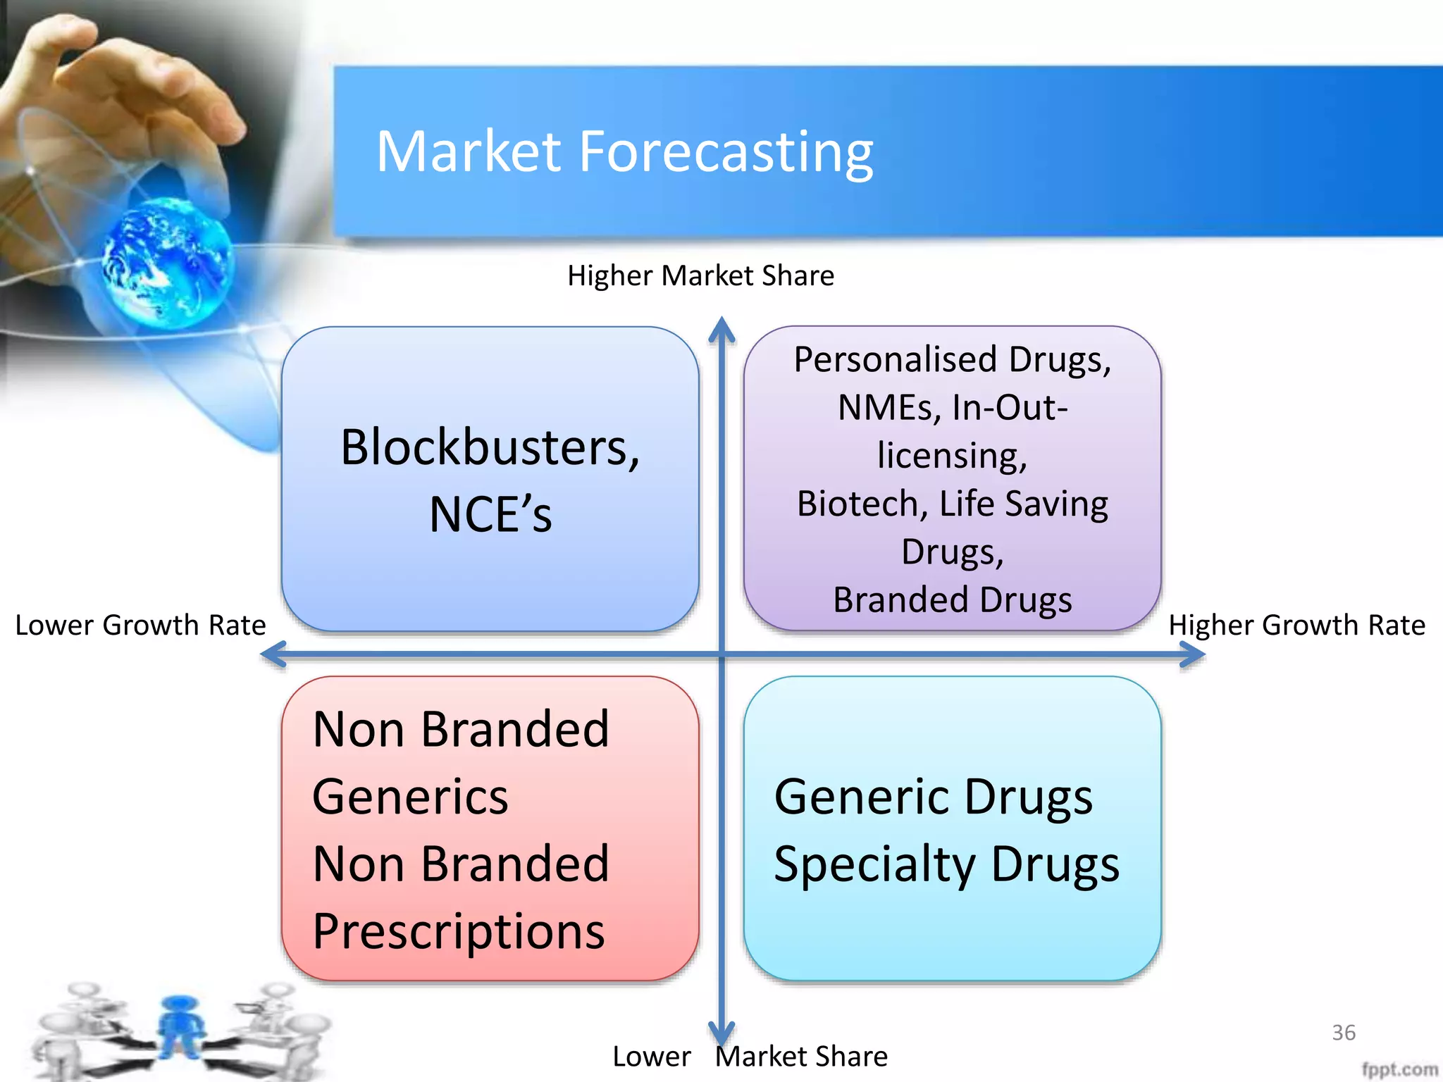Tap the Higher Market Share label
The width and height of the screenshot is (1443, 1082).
click(x=700, y=275)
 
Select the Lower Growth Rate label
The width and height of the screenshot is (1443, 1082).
click(x=140, y=626)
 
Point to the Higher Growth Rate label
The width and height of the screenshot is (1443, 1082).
click(x=1296, y=626)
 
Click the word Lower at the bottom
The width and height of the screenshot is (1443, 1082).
click(x=652, y=1057)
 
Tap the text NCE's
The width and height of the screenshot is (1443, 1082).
click(x=490, y=515)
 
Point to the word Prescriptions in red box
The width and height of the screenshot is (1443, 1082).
click(x=459, y=931)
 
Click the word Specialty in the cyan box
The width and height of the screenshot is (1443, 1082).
click(x=874, y=864)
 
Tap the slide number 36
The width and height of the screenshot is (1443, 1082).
click(x=1344, y=1033)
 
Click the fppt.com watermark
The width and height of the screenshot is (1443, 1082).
click(x=1399, y=1069)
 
